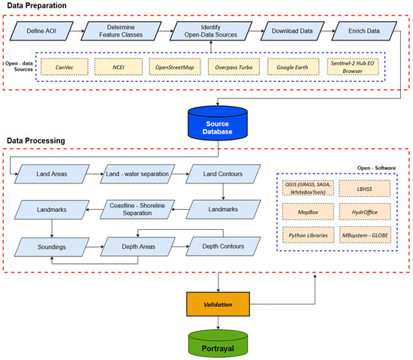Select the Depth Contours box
pos(223,245)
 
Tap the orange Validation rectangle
pos(218,305)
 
